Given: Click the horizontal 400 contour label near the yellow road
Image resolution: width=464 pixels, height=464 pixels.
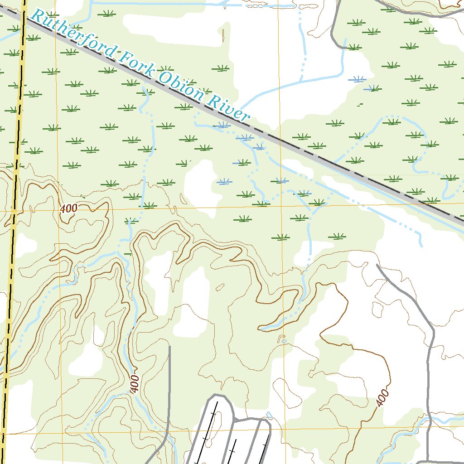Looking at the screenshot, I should tap(68, 209).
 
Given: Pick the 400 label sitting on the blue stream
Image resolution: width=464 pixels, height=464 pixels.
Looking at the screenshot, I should tap(135, 384).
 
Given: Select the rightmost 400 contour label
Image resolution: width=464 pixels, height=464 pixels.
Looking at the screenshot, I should tap(383, 398).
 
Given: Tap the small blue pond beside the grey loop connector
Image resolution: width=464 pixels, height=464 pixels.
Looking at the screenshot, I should tap(270, 415).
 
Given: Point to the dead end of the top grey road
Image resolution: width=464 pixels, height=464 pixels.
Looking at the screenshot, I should tap(346, 47).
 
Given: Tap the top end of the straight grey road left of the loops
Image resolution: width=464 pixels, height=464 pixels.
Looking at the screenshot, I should tap(169, 347).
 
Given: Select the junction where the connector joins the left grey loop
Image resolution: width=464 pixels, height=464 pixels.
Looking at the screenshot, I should tap(235, 421).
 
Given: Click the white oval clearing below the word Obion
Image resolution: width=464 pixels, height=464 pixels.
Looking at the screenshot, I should tap(199, 181).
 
